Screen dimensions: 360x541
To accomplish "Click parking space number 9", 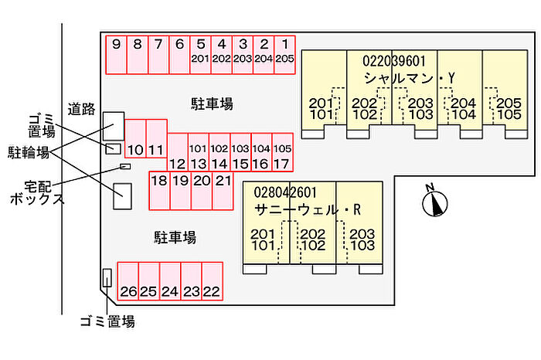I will coord(116,54).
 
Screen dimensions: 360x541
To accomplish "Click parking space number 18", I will coord(159,189).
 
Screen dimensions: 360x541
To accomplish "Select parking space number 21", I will coord(223,189).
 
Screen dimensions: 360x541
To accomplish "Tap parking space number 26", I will coord(128,284).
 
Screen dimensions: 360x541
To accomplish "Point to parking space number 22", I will coord(212,284).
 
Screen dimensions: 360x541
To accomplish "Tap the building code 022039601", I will coord(393,60).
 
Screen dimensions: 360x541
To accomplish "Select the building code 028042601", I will coord(284,192).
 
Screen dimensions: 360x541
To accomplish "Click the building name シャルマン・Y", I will coord(410,78).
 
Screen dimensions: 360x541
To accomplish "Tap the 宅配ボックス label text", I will coord(37,193).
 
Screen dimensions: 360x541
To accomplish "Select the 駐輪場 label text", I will coord(29,151).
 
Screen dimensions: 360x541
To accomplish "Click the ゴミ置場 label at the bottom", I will coord(107,321).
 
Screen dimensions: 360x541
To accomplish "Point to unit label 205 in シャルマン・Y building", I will coord(508,103).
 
